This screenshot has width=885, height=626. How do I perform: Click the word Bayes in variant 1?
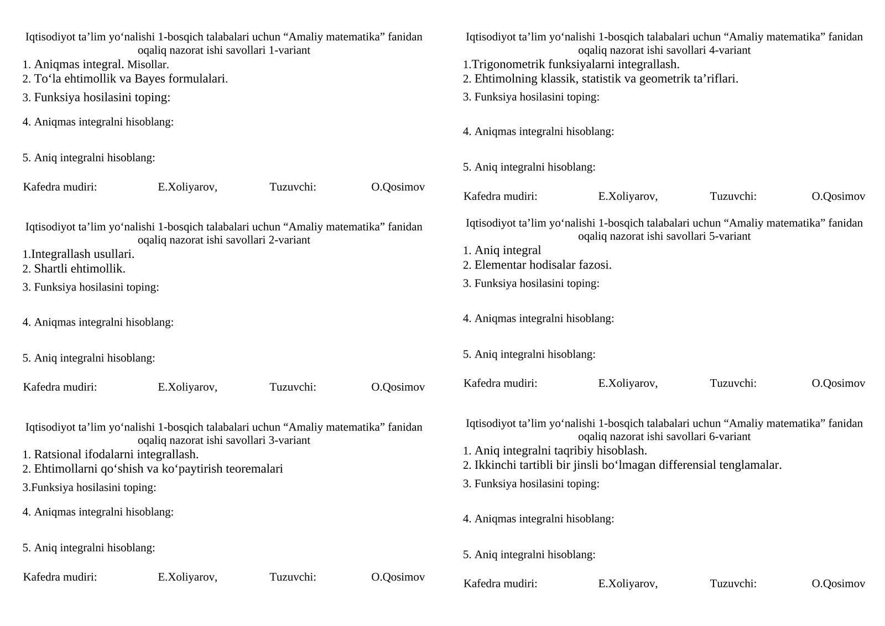149,79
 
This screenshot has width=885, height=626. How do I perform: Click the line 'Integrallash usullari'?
79,255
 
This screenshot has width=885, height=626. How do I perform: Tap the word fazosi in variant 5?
595,265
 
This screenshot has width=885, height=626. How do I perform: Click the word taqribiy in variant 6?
568,451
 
